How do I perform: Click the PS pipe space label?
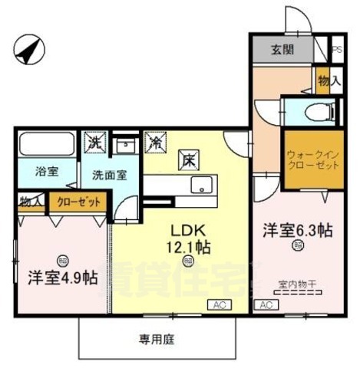[x=337, y=51]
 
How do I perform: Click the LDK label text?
[x=187, y=231]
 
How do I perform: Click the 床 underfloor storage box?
[x=187, y=161]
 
